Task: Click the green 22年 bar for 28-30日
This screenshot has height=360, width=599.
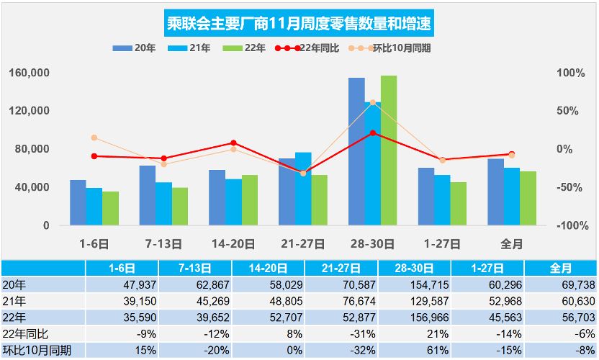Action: [x=389, y=150]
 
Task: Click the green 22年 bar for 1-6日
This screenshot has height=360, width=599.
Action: [x=110, y=208]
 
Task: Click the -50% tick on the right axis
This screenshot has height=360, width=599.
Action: [x=571, y=187]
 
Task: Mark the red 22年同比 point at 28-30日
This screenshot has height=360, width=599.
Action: [x=372, y=132]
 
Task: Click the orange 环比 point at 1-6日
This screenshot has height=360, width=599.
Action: [x=94, y=138]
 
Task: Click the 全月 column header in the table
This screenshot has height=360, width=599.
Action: [x=561, y=268]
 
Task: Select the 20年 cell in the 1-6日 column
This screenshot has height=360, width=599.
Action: [x=120, y=284]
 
